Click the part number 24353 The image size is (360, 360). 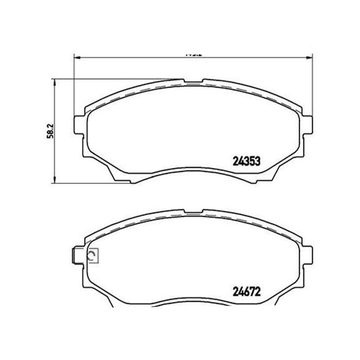(x=247, y=161)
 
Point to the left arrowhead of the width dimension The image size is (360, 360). (x=76, y=57)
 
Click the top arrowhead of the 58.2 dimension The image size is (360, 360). (x=54, y=81)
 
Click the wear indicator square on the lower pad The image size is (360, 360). (x=93, y=256)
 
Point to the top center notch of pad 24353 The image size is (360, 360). (x=193, y=82)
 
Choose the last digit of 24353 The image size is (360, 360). (x=259, y=161)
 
